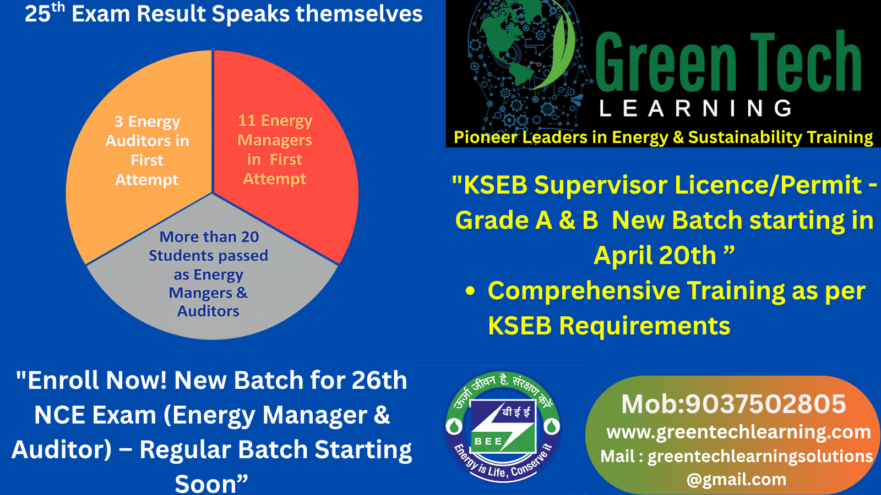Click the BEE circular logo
503,426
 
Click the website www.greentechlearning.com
738,432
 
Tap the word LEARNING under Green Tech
695,108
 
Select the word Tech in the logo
806,61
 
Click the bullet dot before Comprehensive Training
470,291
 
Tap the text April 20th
655,255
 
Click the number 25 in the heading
38,14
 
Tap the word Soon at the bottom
206,483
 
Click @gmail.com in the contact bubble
737,480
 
